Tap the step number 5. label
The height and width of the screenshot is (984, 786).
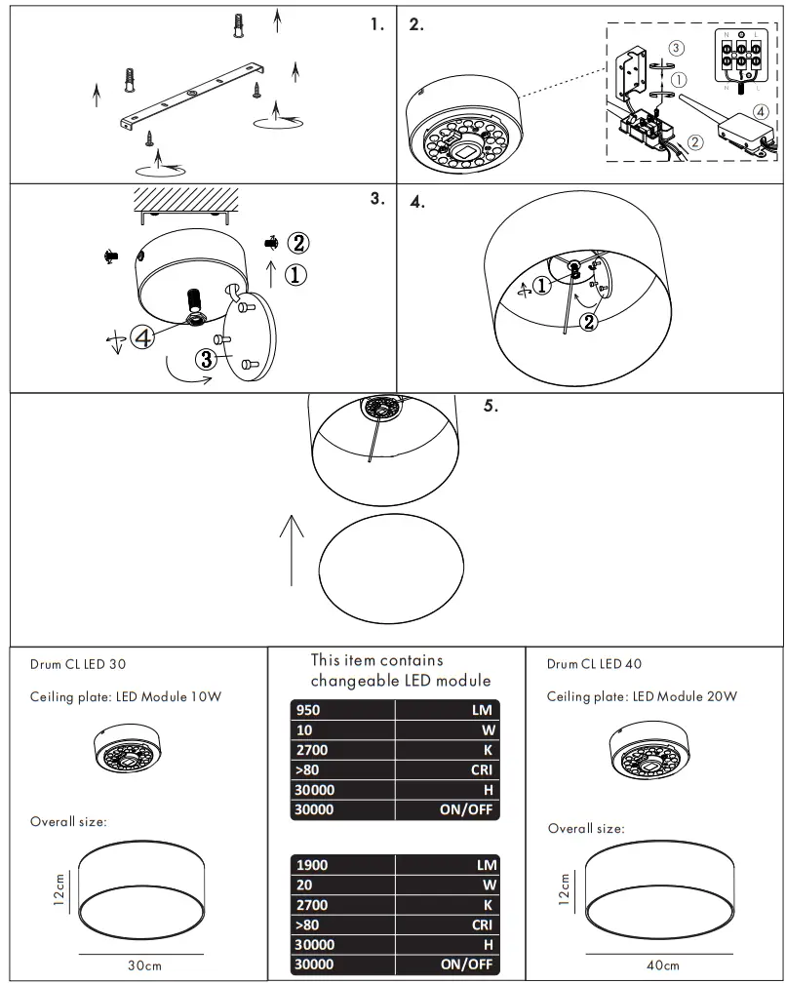(491, 407)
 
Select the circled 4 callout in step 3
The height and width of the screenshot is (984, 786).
(141, 337)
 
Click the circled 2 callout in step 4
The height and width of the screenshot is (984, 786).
(588, 321)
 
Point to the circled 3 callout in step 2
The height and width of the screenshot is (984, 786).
(676, 47)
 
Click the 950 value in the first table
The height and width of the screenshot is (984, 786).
(308, 710)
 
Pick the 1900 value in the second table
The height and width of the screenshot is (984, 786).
(312, 865)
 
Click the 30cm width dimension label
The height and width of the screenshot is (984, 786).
(144, 965)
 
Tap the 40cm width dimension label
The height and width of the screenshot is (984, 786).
(662, 965)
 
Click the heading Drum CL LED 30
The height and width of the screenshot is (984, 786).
(77, 664)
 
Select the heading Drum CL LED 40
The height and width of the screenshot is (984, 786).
(594, 664)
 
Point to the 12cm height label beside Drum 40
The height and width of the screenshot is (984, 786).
(565, 888)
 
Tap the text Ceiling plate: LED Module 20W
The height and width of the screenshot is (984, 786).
(642, 696)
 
